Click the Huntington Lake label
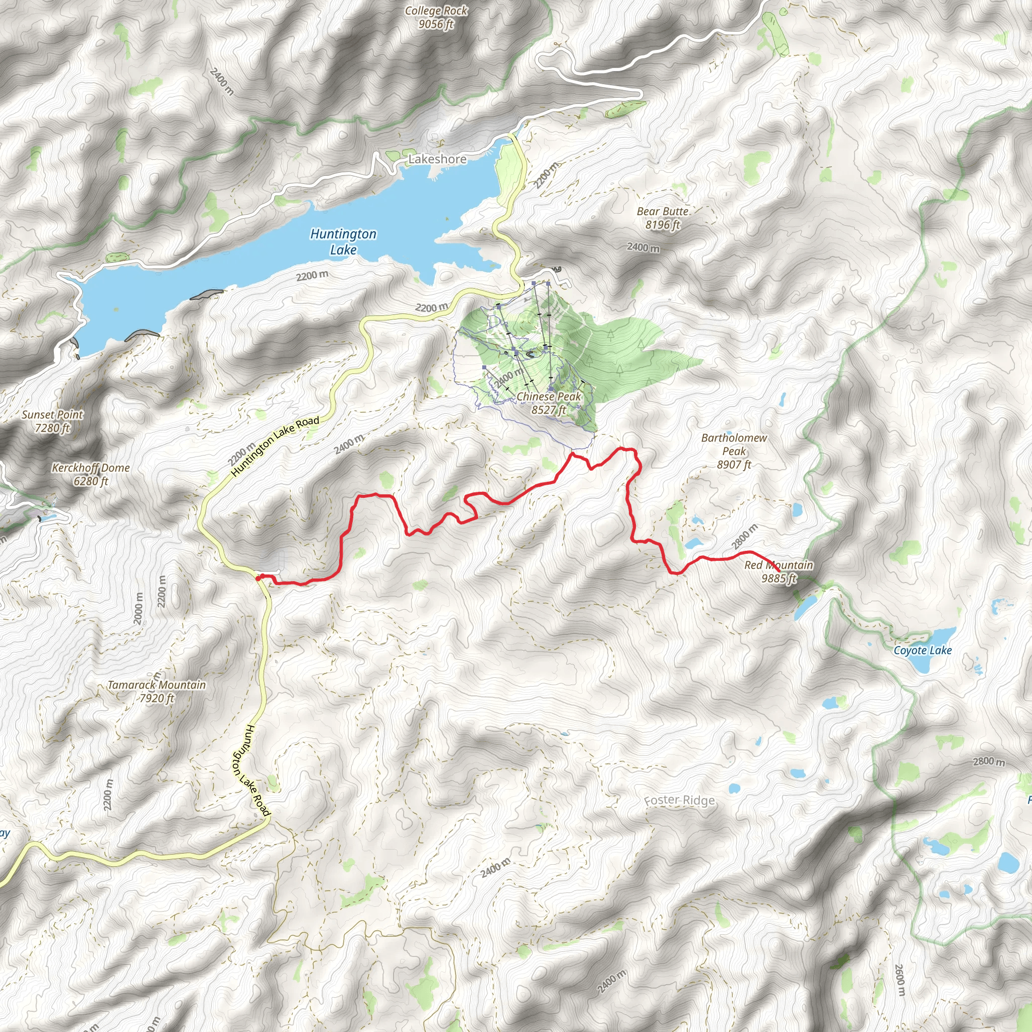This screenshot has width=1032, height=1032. click(x=344, y=241)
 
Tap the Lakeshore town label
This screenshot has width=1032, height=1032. click(x=437, y=159)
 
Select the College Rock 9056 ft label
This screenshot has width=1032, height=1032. click(x=436, y=17)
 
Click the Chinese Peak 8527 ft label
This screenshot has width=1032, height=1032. click(x=549, y=403)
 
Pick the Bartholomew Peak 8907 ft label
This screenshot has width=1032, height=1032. click(x=734, y=451)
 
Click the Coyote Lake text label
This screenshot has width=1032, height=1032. click(x=923, y=650)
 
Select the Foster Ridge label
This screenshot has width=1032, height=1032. click(x=679, y=800)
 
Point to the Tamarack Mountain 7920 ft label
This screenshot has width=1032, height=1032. click(x=157, y=691)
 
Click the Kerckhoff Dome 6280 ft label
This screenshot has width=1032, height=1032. click(x=91, y=474)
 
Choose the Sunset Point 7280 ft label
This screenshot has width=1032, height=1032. click(x=52, y=421)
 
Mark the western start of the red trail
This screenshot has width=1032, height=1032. click(x=258, y=578)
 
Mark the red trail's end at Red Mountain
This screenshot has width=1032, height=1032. click(x=779, y=571)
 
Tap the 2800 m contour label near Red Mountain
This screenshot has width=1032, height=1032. click(x=745, y=537)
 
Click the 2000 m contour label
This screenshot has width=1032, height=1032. click(x=140, y=609)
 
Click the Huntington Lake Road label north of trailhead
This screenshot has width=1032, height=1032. click(x=275, y=446)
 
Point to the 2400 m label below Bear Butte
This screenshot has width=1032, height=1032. click(x=643, y=247)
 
